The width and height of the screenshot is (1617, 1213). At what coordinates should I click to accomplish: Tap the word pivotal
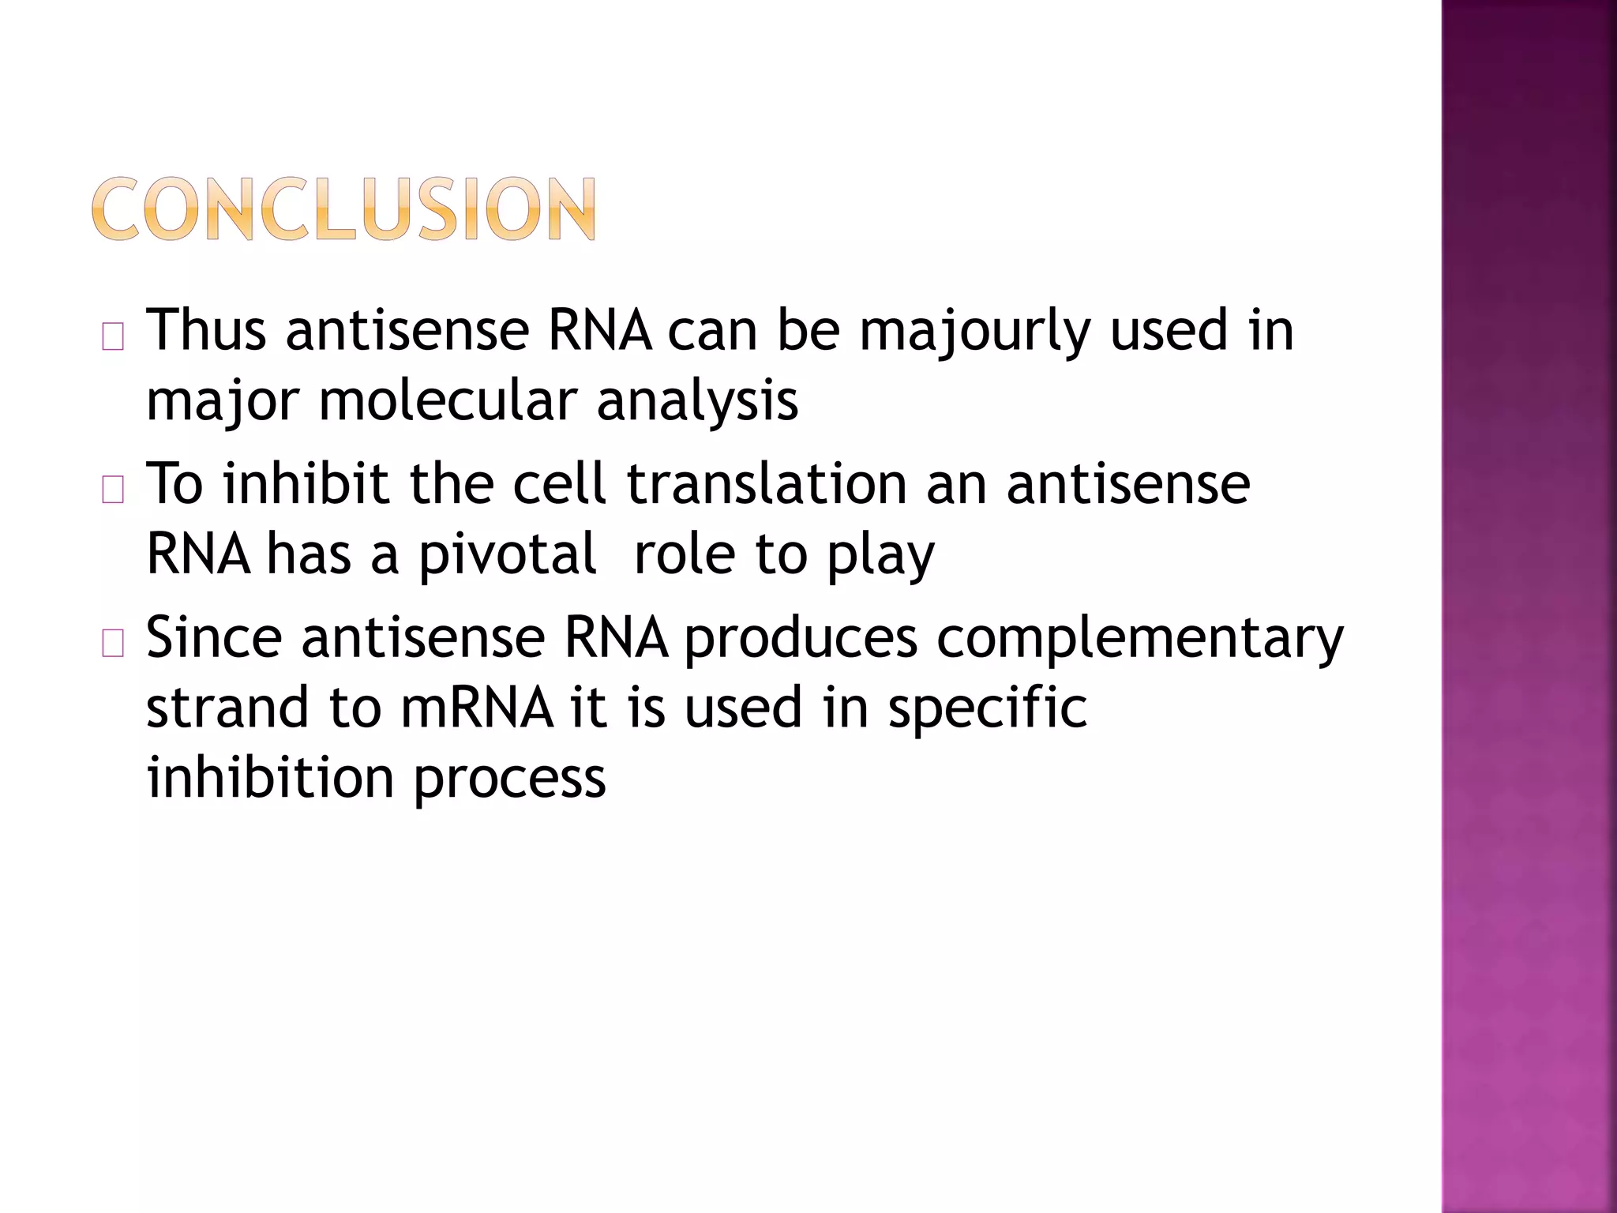pos(506,555)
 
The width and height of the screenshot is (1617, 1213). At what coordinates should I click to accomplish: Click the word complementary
pos(1139,638)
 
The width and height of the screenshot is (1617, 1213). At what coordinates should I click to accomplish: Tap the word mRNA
pos(477,707)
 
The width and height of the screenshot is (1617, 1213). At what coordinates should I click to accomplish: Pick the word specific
pos(987,708)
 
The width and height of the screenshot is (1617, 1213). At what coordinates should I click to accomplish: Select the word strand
pos(227,707)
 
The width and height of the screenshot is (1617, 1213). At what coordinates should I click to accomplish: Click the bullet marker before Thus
pos(113,338)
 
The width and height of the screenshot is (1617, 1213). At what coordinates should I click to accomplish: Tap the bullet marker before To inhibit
pos(113,491)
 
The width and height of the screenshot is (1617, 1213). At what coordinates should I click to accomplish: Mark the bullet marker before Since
pos(113,644)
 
